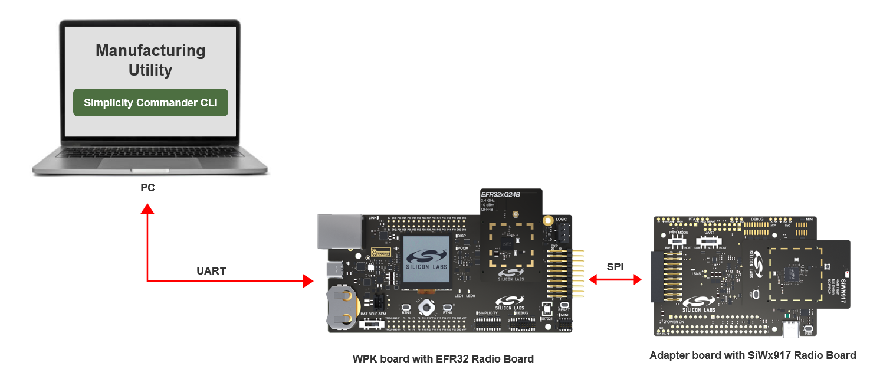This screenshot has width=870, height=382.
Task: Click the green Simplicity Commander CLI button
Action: point(150,103)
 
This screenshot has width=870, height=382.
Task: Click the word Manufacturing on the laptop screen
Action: point(150,51)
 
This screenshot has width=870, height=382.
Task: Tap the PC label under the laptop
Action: point(147,188)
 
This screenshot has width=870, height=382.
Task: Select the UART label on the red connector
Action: point(211,271)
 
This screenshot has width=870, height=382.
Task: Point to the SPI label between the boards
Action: point(615,267)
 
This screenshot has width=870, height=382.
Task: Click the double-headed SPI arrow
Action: point(615,280)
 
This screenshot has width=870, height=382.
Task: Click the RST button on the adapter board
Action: point(809,328)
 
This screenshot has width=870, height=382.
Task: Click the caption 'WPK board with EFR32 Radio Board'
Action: point(443,358)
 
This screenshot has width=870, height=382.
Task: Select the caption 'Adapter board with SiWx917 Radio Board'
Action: point(753,355)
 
